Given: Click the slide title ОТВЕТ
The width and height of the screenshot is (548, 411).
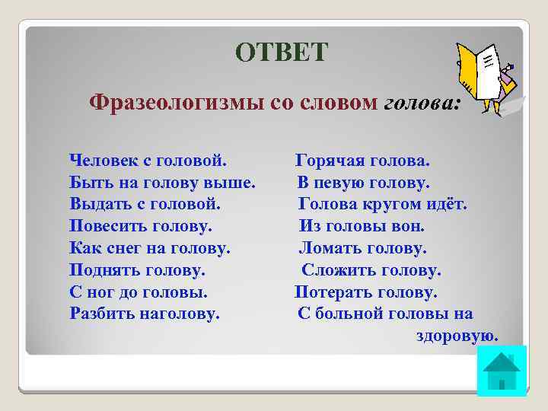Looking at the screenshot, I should click(282, 52).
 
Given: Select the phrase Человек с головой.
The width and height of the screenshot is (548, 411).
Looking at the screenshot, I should click(148, 161).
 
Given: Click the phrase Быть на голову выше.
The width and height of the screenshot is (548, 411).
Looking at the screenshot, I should click(162, 183).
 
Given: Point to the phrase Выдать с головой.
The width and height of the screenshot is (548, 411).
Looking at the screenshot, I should click(145, 205).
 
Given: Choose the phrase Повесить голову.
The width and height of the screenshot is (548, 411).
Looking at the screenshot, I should click(141, 226).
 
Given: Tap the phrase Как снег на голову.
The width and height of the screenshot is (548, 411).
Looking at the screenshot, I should click(150, 248).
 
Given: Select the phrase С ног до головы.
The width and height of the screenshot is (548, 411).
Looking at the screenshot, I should click(139, 292).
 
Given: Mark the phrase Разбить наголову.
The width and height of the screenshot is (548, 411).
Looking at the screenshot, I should click(145, 313).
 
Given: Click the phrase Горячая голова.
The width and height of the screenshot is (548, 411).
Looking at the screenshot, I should click(362, 161).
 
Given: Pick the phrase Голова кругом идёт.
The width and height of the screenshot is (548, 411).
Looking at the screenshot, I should click(383, 205).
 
